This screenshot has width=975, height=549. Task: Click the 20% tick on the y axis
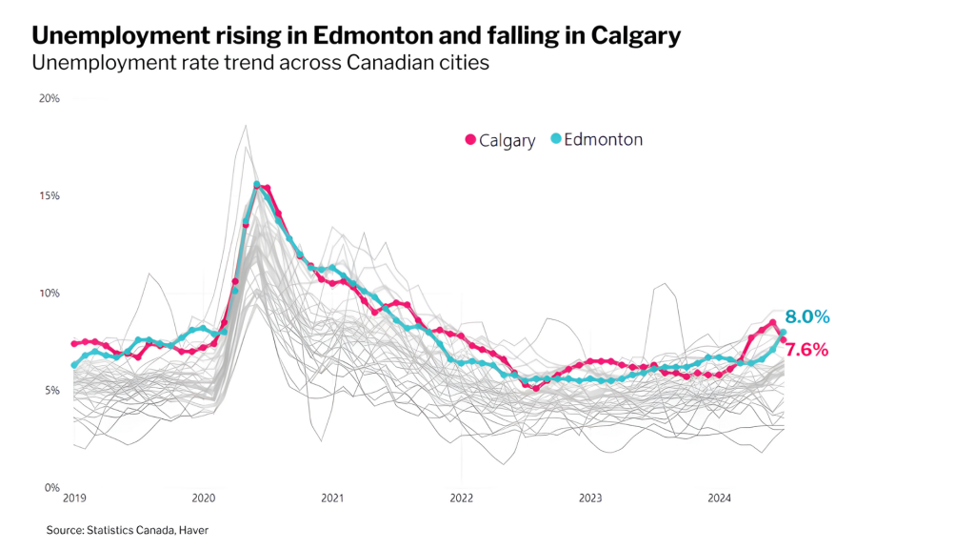pyautogui.click(x=50, y=98)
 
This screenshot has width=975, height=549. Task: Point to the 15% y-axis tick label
pyautogui.click(x=50, y=195)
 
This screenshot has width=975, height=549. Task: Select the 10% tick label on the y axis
pyautogui.click(x=50, y=294)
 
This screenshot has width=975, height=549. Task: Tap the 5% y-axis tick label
pyautogui.click(x=52, y=391)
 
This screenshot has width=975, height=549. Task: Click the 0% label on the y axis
pyautogui.click(x=52, y=488)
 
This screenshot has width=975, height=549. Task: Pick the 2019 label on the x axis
pyautogui.click(x=74, y=498)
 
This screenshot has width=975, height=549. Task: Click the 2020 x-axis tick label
pyautogui.click(x=204, y=498)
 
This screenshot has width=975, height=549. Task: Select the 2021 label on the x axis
pyautogui.click(x=332, y=498)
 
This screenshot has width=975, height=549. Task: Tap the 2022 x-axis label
pyautogui.click(x=462, y=498)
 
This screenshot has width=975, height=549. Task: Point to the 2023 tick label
pyautogui.click(x=590, y=498)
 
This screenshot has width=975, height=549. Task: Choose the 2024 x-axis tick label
pyautogui.click(x=720, y=498)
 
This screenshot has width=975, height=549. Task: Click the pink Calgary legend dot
pyautogui.click(x=470, y=140)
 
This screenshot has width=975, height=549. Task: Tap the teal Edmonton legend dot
pyautogui.click(x=556, y=140)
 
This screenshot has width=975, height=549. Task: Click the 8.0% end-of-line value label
pyautogui.click(x=807, y=317)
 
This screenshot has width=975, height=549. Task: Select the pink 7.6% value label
pyautogui.click(x=806, y=350)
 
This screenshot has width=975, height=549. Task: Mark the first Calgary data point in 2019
pyautogui.click(x=74, y=344)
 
